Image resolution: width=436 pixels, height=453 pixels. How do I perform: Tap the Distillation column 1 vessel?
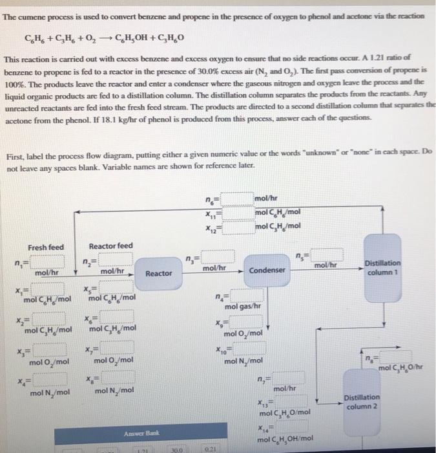382,267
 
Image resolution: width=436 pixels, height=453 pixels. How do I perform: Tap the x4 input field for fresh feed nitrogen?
47,379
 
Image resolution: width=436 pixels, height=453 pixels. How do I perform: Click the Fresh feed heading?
46,247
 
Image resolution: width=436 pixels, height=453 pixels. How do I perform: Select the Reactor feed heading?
110,247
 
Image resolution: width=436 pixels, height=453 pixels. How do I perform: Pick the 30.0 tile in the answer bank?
174,448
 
